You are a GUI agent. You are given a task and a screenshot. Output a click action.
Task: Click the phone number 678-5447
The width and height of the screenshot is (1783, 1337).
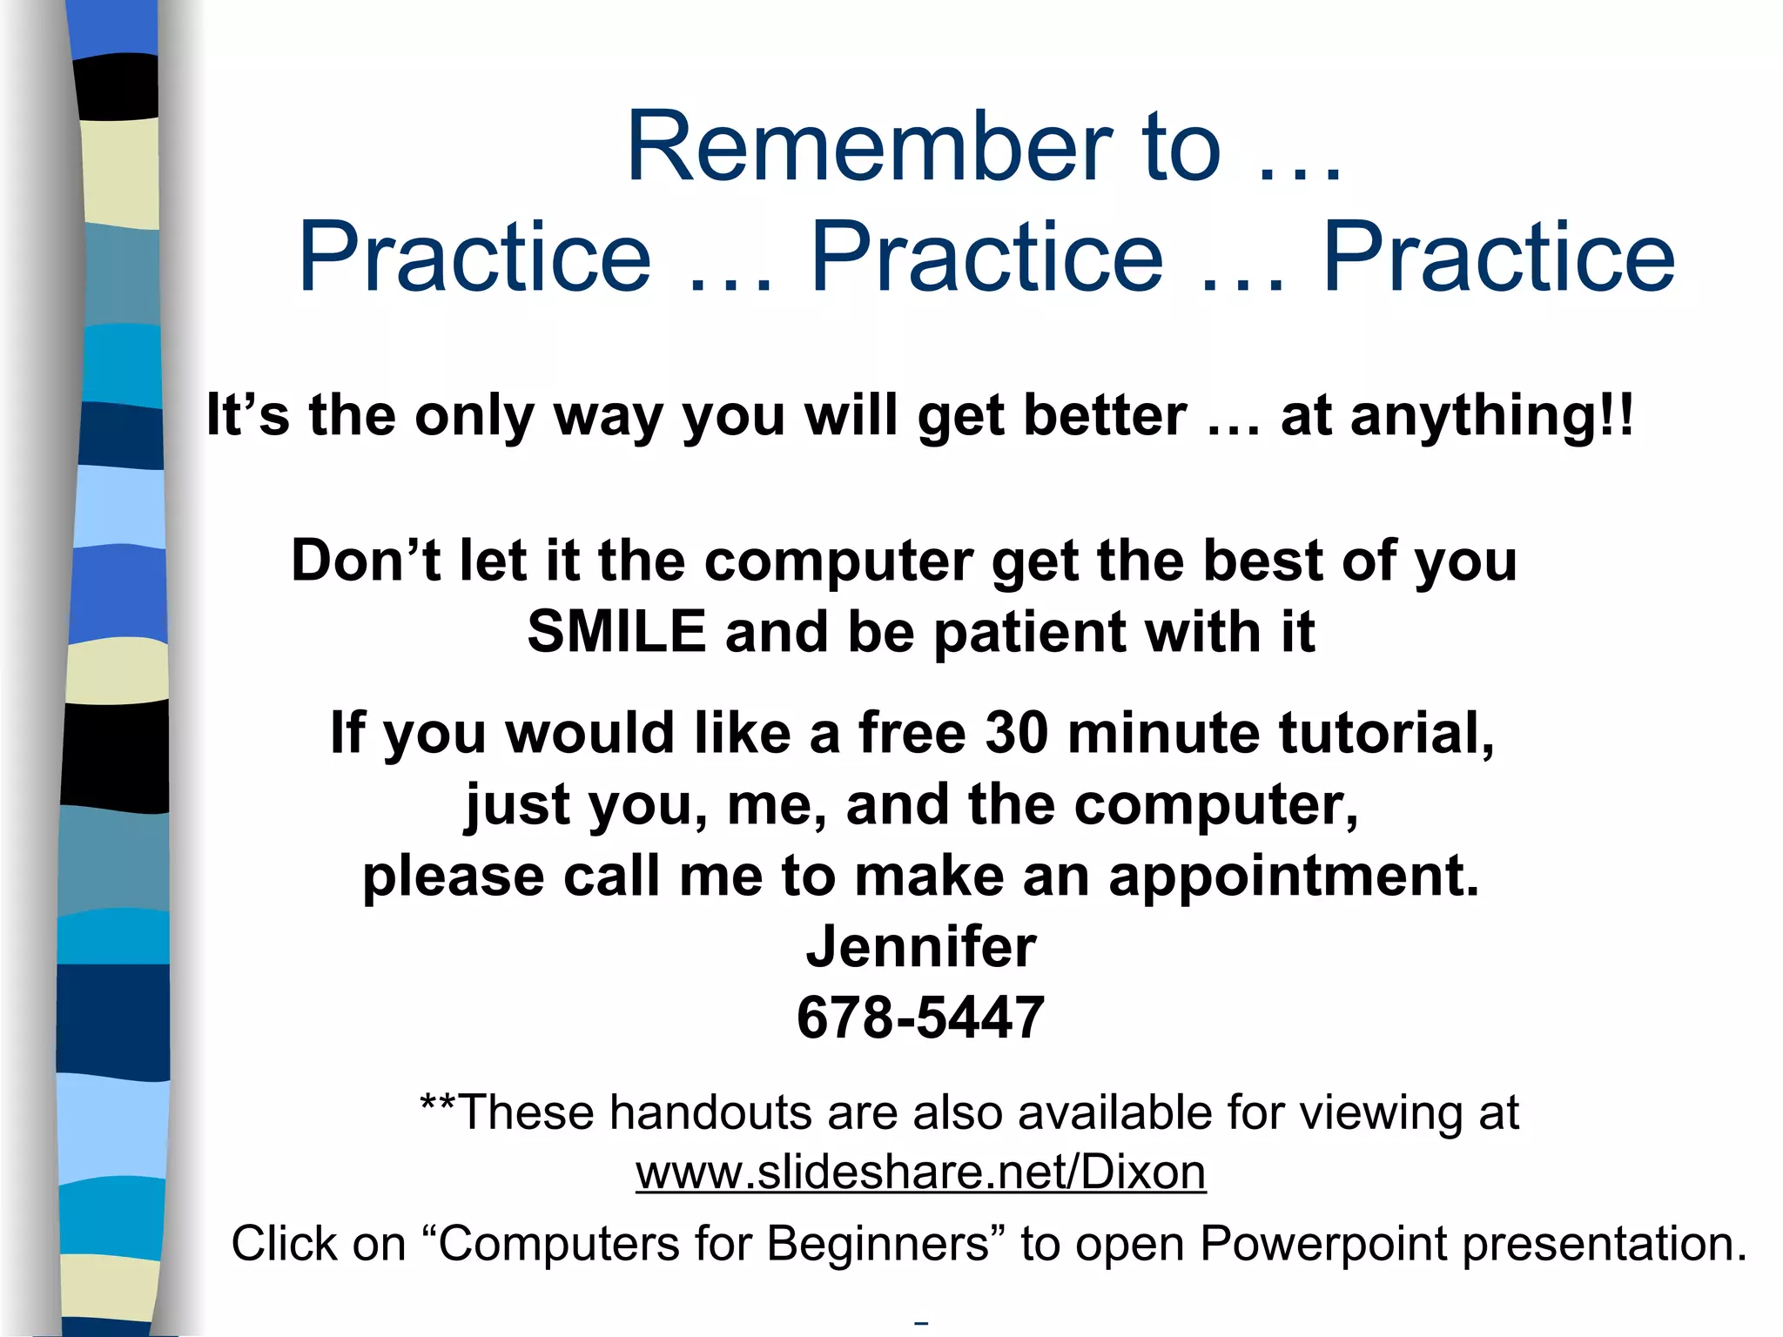[x=920, y=1018]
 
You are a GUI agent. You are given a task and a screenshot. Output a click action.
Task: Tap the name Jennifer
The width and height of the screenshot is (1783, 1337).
[x=921, y=946]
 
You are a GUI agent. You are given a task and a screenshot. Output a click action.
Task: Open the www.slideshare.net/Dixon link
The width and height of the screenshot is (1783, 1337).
[x=920, y=1172]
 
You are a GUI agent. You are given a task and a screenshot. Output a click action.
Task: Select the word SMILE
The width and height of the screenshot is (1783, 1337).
[x=616, y=631]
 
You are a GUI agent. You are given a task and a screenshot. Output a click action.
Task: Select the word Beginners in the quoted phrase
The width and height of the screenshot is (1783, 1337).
[x=878, y=1243]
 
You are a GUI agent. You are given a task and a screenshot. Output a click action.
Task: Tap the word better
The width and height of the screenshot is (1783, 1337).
[x=1105, y=415]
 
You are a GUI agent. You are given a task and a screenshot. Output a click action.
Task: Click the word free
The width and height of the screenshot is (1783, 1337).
[x=912, y=732]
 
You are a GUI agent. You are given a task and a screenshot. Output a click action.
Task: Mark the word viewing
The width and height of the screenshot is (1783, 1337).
[x=1383, y=1114]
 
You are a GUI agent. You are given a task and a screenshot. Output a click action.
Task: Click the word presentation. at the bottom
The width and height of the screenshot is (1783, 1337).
[x=1605, y=1243]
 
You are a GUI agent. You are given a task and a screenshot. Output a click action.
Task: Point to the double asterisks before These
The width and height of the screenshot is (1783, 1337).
[x=438, y=1104]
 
